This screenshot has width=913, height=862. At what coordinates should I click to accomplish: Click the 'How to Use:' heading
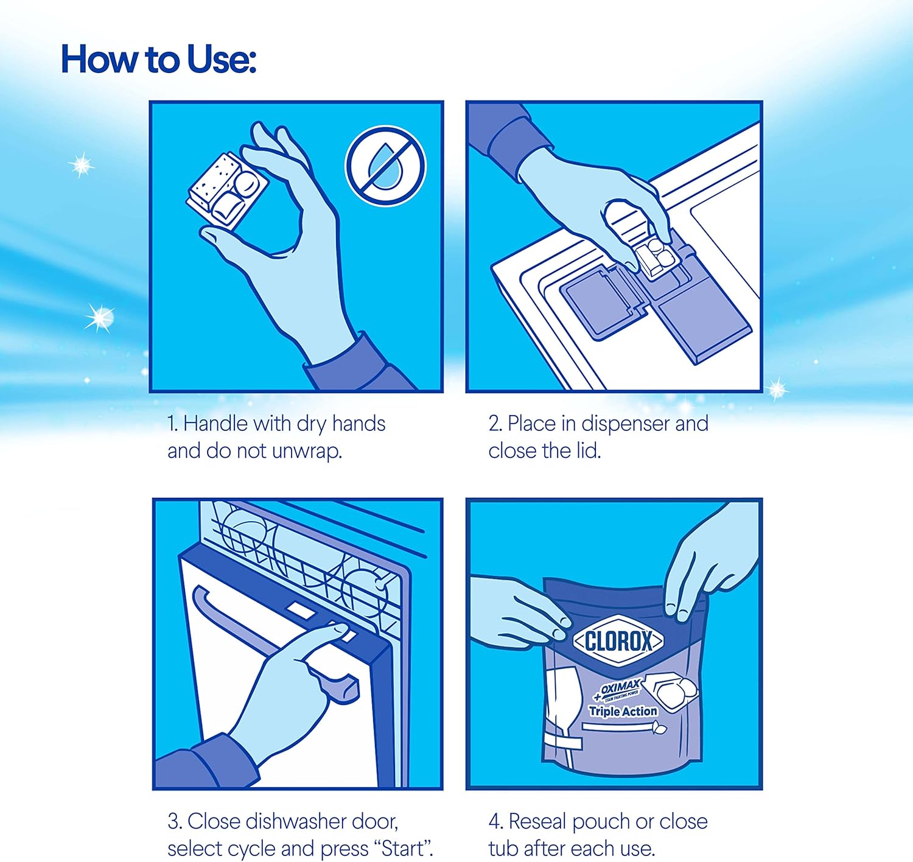159,60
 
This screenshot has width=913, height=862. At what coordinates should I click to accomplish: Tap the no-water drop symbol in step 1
385,166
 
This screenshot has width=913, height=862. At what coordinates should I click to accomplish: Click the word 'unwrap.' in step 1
307,451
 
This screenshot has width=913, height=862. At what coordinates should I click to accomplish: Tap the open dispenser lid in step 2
603,303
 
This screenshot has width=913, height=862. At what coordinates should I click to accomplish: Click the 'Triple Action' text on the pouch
623,711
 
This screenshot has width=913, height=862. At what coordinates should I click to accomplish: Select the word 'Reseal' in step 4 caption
537,822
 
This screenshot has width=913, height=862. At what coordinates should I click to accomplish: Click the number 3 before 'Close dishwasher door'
173,822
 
